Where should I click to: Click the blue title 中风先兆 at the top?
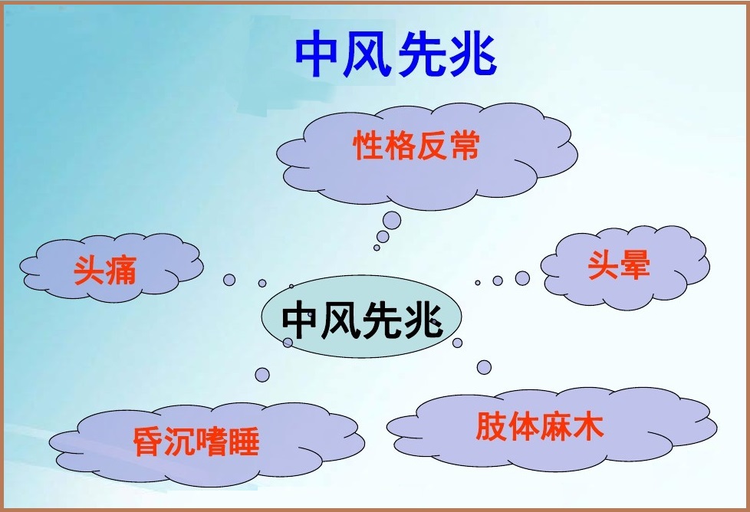(396, 54)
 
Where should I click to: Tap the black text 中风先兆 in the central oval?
(362, 319)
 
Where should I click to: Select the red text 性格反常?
(416, 146)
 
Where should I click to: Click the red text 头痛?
(105, 270)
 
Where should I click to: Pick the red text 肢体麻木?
(540, 425)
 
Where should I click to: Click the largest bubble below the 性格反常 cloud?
(392, 221)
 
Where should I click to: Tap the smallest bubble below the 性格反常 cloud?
(377, 248)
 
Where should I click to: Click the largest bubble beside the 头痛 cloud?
(229, 280)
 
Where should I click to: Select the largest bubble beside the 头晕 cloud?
(522, 278)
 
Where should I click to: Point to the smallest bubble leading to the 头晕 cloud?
(477, 283)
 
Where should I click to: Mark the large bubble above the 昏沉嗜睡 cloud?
(262, 375)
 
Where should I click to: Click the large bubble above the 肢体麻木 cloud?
(484, 367)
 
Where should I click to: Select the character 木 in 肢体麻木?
(588, 425)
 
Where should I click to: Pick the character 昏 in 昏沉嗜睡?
(147, 441)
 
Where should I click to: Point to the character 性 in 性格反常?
(368, 146)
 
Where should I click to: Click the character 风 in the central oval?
(340, 320)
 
